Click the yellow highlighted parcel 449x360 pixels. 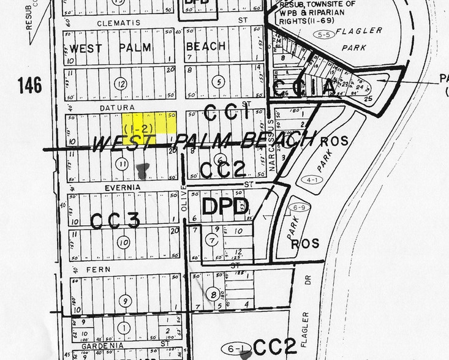coord(149,121)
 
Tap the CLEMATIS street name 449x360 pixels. coord(118,23)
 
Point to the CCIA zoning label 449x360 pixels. coord(304,88)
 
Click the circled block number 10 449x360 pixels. coord(123,242)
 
